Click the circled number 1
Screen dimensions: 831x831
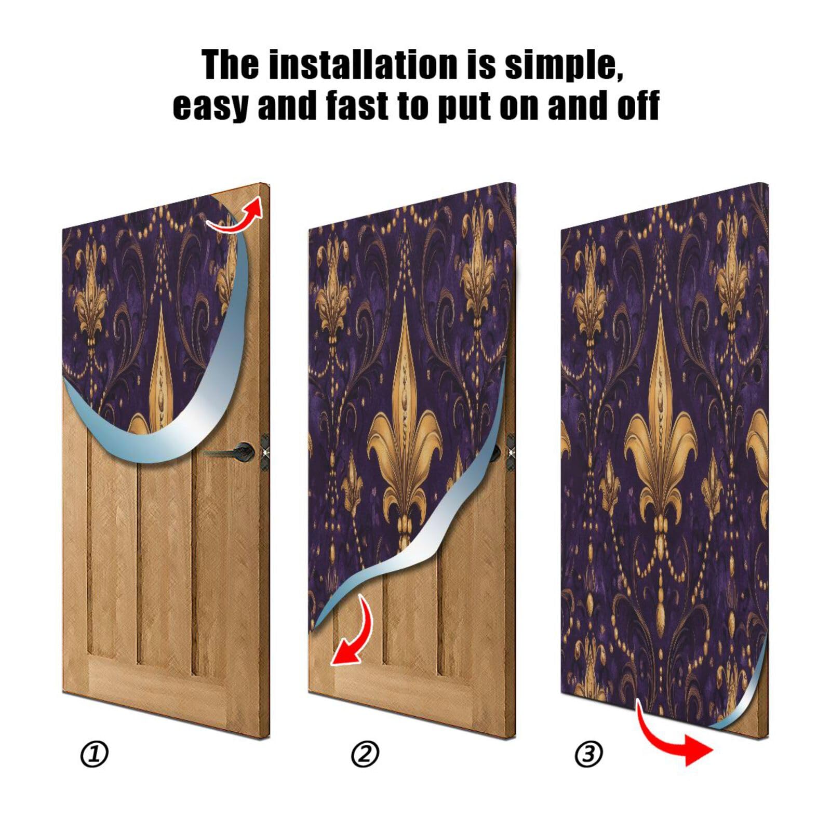tap(95, 754)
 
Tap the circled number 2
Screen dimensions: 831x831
tap(365, 754)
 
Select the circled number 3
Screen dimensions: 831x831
tap(588, 754)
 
